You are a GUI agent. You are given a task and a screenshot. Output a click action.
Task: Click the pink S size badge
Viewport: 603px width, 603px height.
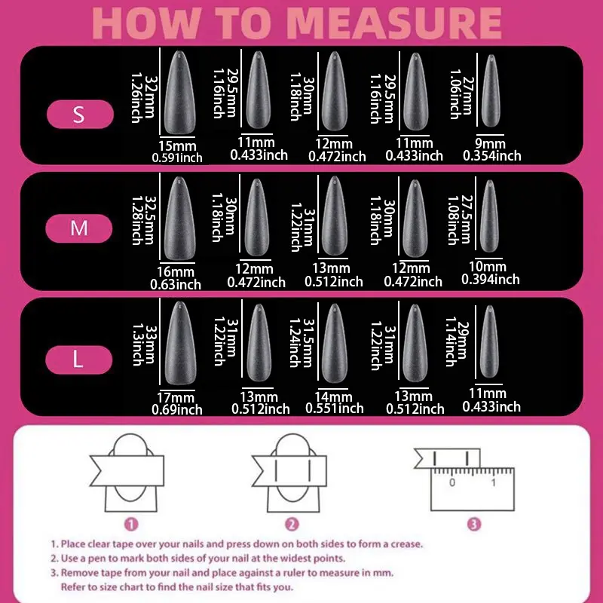80,115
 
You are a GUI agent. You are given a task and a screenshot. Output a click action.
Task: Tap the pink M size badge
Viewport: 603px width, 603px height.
79,228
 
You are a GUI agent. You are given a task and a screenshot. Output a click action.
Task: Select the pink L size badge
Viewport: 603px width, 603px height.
79,360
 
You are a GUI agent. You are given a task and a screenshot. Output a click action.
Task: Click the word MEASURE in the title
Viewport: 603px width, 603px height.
394,23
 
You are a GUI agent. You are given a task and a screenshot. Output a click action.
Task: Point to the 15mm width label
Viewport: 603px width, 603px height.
177,146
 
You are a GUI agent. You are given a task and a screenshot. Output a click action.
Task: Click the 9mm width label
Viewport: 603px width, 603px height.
490,143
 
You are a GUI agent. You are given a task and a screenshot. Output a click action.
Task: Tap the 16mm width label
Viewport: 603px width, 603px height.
176,272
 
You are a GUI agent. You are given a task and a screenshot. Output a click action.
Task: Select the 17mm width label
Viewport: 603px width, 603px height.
176,398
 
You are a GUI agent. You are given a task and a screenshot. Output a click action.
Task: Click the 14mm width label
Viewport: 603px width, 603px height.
333,396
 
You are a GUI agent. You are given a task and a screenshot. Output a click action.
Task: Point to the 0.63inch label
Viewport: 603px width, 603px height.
176,285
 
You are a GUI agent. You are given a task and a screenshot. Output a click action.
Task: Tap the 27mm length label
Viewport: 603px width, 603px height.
467,96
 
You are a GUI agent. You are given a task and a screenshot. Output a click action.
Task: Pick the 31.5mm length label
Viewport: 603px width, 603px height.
309,343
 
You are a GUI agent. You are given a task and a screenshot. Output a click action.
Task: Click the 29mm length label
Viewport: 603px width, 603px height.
464,340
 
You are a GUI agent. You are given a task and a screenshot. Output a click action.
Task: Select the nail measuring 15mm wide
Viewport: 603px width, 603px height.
179,92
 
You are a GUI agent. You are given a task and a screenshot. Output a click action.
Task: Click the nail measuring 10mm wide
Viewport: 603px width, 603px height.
489,216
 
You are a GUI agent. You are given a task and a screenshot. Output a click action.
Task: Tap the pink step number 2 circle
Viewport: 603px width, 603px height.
292,524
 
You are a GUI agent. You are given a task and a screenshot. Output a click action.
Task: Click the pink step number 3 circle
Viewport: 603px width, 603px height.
474,524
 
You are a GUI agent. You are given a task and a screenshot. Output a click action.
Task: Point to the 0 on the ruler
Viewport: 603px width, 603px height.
452,482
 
